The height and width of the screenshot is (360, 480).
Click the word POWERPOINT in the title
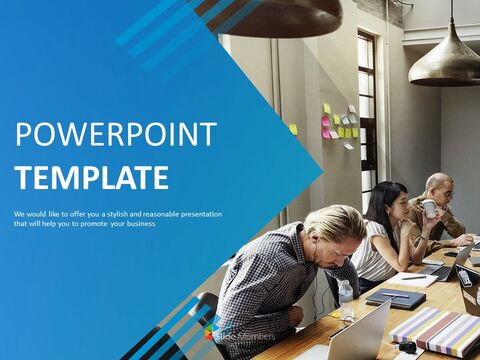tap(115, 136)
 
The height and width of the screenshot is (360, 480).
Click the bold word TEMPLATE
tap(91, 178)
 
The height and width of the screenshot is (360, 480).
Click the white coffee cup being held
tap(428, 208)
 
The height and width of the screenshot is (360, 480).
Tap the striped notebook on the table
tap(434, 331)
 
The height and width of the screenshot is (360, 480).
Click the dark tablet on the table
tap(395, 296)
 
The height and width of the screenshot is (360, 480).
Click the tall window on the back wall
tap(366, 100)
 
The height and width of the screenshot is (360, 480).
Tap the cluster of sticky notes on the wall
tap(336, 124)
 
